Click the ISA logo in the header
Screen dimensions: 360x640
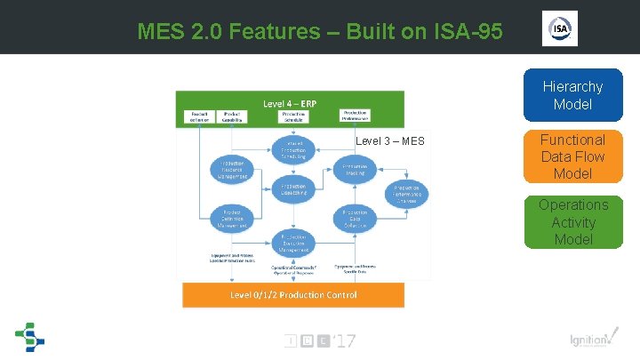pos(560,28)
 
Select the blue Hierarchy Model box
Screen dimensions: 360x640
pos(572,95)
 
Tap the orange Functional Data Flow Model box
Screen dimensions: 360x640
pos(572,156)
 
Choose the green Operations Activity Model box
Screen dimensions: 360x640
pos(572,222)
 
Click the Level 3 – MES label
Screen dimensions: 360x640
pos(390,141)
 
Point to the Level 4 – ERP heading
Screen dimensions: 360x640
pos(291,103)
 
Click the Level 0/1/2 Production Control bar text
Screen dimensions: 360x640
pos(293,294)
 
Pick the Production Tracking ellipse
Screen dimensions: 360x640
pos(356,169)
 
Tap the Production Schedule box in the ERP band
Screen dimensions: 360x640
pos(293,116)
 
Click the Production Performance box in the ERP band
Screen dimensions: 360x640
pos(356,115)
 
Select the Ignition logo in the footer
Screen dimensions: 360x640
pos(589,339)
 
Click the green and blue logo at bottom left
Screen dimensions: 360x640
pos(29,338)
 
